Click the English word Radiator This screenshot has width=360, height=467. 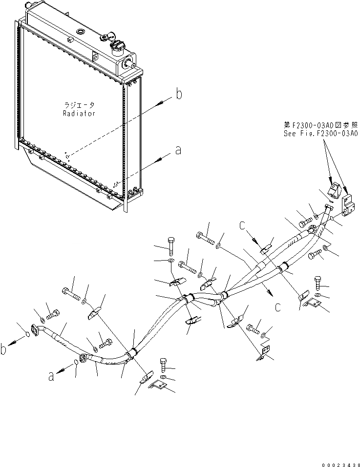tap(79, 113)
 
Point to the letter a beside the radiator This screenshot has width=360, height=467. tap(178, 151)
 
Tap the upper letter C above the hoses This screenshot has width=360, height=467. tap(242, 226)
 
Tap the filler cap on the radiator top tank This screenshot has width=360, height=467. tap(117, 46)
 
